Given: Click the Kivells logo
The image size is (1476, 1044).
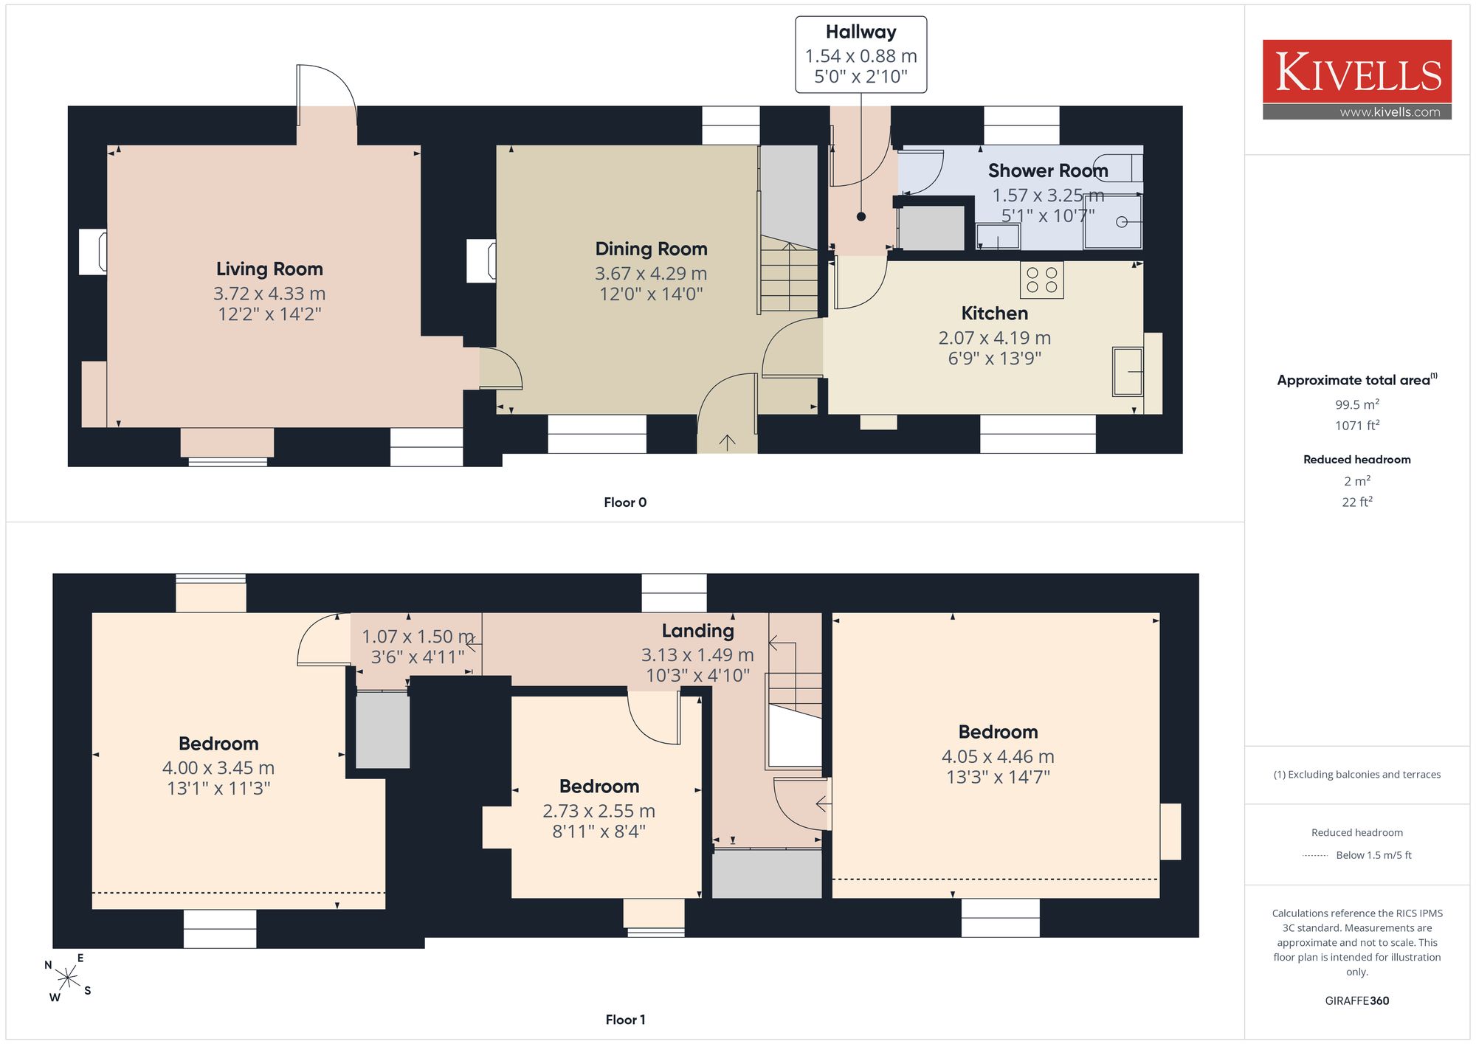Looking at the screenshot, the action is (x=1356, y=80).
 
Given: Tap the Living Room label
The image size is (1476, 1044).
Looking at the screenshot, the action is (x=269, y=269).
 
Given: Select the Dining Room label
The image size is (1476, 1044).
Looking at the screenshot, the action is (x=651, y=249).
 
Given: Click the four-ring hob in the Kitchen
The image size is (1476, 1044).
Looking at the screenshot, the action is (x=1042, y=280).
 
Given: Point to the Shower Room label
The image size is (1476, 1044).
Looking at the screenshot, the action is (x=1048, y=171).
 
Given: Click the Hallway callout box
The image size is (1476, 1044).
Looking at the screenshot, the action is (x=861, y=55).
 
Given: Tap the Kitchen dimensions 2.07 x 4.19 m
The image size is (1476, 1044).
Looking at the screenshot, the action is (x=994, y=338).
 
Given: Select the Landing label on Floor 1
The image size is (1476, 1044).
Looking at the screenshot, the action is (x=697, y=631).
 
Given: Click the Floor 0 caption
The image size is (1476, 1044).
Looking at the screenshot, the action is (x=625, y=502).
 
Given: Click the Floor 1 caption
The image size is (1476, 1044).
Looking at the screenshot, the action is (x=625, y=1020).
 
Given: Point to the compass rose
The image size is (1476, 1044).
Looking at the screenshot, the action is (x=67, y=978).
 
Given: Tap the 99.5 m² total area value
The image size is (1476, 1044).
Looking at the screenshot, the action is (x=1357, y=404).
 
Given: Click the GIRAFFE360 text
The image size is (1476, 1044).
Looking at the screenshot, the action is (x=1357, y=1001).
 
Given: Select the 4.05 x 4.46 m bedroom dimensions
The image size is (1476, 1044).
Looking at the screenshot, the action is (x=998, y=757).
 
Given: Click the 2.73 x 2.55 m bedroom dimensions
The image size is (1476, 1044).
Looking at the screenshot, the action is (x=599, y=812).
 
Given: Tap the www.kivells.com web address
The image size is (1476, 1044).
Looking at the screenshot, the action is (x=1390, y=112).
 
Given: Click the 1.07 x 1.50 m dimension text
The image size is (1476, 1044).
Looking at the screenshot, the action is (x=418, y=637).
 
